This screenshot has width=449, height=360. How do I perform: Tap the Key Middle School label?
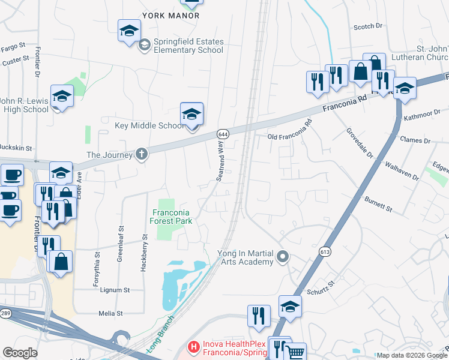[x=150, y=126]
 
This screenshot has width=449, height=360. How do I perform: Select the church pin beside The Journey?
[x=141, y=154]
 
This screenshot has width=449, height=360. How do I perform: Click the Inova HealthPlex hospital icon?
[x=193, y=347]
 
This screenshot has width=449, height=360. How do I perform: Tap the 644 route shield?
[x=223, y=133]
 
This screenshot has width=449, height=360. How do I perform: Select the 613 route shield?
[x=325, y=251]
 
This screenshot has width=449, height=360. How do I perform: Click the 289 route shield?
[x=5, y=313]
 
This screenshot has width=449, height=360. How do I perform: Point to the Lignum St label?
[x=114, y=290]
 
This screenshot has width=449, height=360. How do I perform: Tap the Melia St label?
[x=110, y=313]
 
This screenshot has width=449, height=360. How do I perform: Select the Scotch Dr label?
[x=368, y=26]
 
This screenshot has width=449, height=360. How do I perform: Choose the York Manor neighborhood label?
[x=171, y=15]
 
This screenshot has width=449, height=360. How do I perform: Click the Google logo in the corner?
[x=20, y=353]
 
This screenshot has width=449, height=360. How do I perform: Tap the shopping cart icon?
[x=294, y=353]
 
